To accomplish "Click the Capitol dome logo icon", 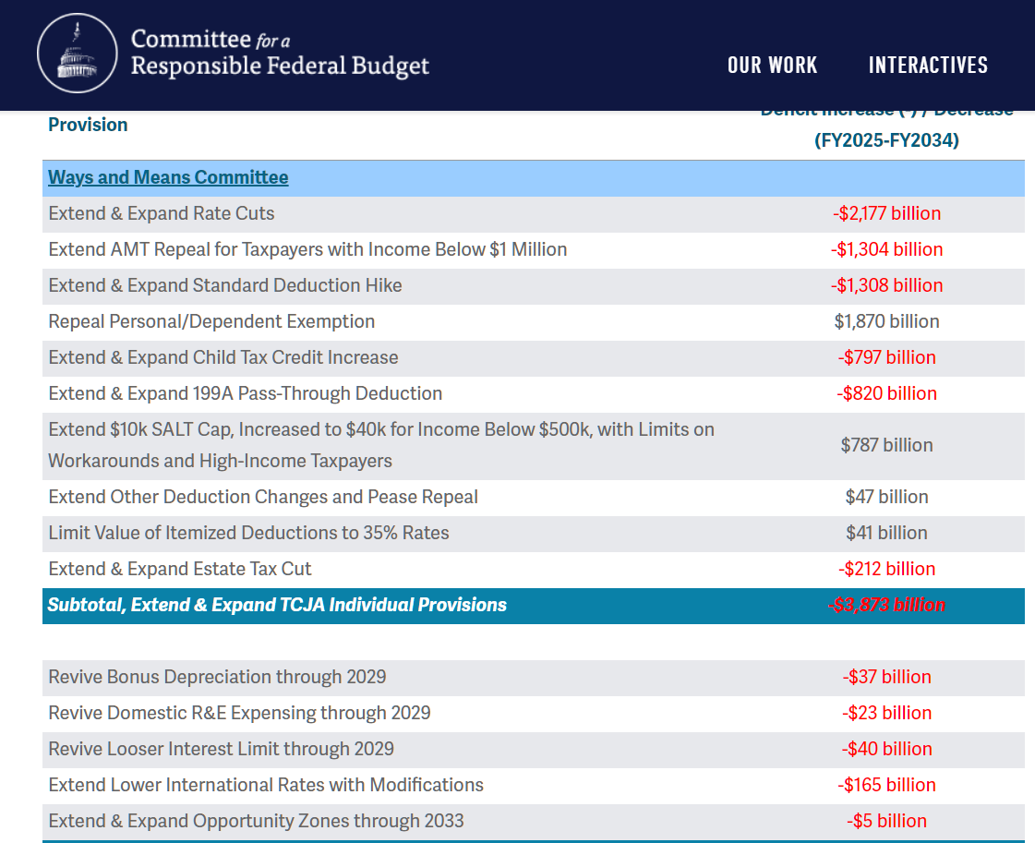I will point(78,54).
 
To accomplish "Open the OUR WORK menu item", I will point(772,65).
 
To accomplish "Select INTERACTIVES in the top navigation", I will point(928,65).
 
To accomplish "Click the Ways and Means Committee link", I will point(168,177).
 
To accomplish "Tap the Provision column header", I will point(88,125).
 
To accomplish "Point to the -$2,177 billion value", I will point(886,213).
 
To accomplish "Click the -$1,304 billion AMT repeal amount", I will point(886,249).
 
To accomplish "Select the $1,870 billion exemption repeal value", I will point(886,321).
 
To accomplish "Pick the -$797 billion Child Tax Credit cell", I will point(886,357).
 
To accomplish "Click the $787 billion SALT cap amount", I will point(886,445).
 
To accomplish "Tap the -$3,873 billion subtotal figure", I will point(886,605).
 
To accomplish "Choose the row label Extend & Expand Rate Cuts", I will point(162,213).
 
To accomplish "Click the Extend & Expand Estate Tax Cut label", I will point(180,569).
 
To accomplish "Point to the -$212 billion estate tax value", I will point(886,569).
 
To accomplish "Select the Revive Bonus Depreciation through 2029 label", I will point(217,677).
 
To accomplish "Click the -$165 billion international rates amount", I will point(886,785).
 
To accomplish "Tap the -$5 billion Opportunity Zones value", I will point(886,821).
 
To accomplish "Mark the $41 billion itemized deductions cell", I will point(886,533).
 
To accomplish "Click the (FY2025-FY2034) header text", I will point(886,140).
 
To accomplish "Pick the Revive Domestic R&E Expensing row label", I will point(239,713).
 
